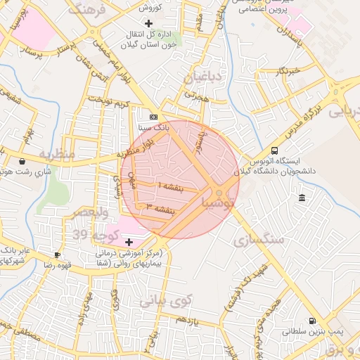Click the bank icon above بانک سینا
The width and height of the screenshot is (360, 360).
(154, 117)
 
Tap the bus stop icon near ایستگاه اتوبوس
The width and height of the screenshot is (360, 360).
(274, 150)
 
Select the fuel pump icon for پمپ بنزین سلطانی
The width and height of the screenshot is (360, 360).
(312, 319)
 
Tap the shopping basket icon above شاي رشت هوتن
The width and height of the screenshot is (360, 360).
(22, 161)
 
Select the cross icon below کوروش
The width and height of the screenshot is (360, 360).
(148, 22)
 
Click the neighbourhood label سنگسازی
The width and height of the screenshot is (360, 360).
(261, 239)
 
